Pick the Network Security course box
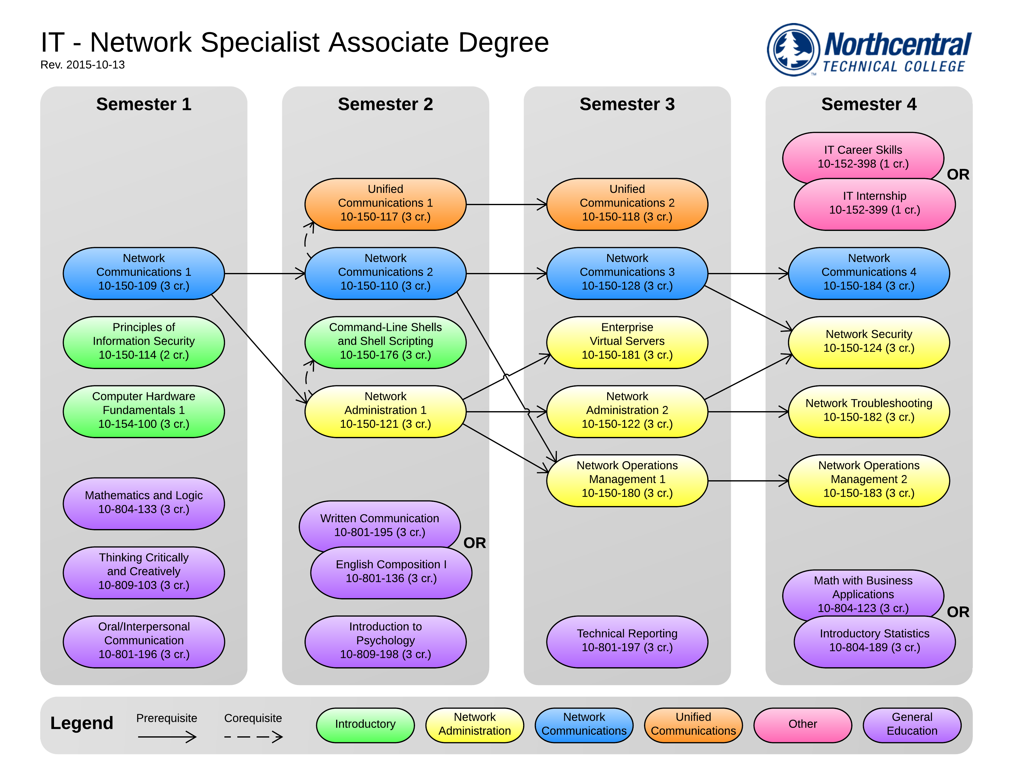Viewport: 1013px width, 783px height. tap(868, 342)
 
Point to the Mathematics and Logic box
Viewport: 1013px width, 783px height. tap(143, 503)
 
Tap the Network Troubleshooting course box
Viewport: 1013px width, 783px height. tap(868, 411)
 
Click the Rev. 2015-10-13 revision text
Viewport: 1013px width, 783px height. tap(83, 65)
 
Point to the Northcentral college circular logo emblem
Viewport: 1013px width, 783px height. tap(793, 50)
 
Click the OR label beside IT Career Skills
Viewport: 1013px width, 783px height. tap(958, 175)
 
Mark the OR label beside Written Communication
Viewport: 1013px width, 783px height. tap(475, 543)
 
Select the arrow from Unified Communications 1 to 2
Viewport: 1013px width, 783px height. tap(506, 204)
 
